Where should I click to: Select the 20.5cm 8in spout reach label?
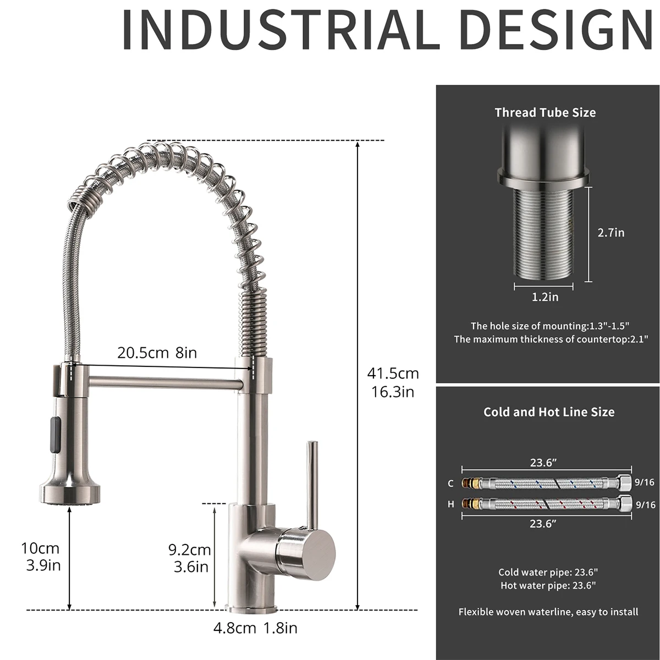(157, 353)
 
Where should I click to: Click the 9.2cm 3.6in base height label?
(190, 558)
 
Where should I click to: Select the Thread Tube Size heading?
(545, 113)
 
